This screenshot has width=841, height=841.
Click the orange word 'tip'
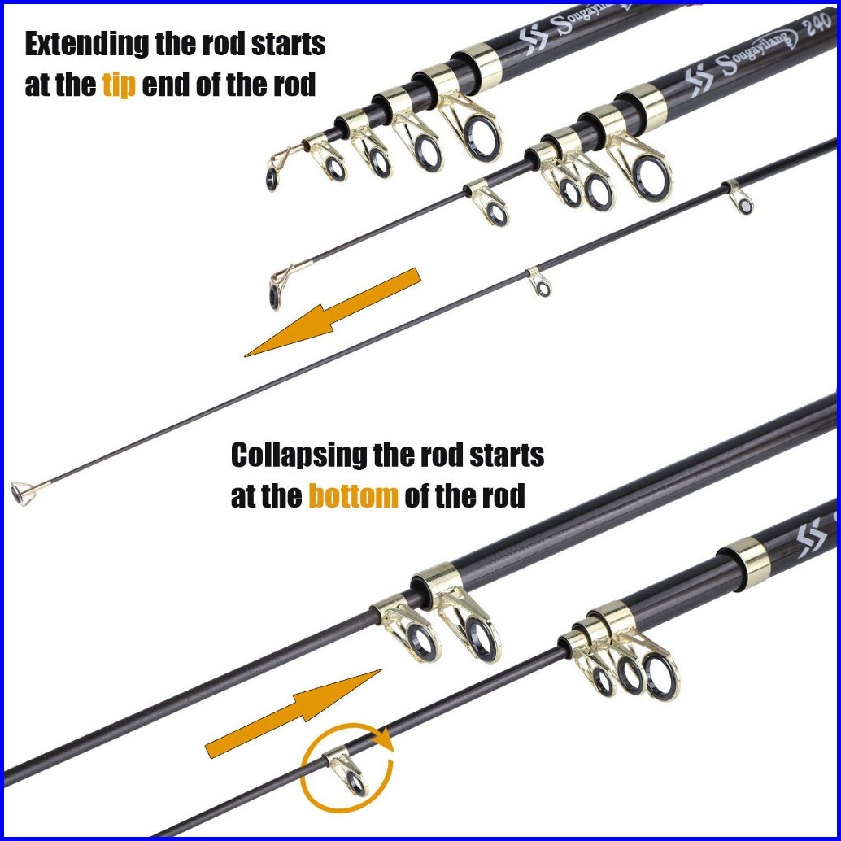(x=119, y=85)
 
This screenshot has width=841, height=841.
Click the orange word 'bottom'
(x=353, y=496)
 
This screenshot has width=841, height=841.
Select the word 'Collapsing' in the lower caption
(x=298, y=455)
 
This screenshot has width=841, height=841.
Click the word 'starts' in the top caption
(x=284, y=45)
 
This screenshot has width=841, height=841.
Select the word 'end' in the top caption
(x=166, y=85)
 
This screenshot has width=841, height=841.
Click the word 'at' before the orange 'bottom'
(x=244, y=496)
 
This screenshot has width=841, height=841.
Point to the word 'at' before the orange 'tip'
(x=37, y=85)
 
